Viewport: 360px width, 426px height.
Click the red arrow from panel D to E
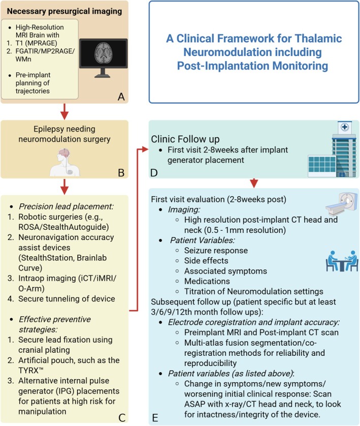click(x=254, y=182)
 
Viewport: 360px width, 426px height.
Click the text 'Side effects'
click(x=207, y=261)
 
